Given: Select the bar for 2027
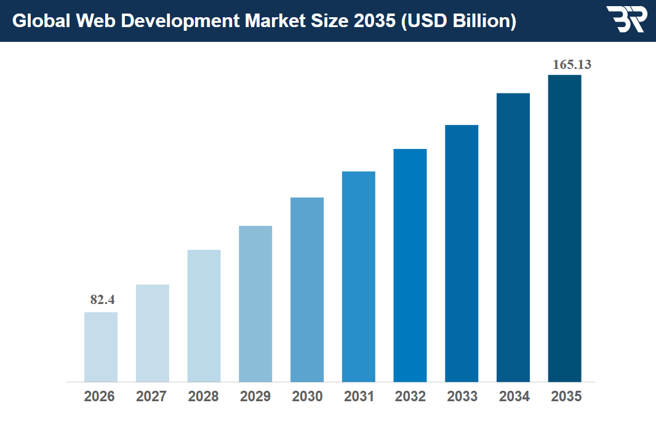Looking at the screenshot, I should [x=153, y=333].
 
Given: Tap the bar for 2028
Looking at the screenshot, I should [x=204, y=316].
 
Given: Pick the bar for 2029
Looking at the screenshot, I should [x=255, y=303].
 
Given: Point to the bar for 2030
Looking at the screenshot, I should [x=307, y=289].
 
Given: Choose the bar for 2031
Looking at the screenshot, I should [x=359, y=276].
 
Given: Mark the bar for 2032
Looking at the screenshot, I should [x=410, y=265].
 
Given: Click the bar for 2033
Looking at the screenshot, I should [x=462, y=253].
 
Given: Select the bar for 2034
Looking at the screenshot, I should [x=513, y=237].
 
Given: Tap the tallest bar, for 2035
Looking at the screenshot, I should [x=565, y=228].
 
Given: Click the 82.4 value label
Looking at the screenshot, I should [x=102, y=300].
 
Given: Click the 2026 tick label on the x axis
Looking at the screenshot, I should [x=100, y=397].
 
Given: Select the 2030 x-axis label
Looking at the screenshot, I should [x=307, y=397].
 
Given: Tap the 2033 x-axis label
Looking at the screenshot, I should [x=462, y=397].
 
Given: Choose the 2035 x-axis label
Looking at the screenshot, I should [x=566, y=397].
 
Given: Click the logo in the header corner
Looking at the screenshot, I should [x=626, y=20].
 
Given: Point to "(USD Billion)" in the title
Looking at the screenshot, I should [x=458, y=21].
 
